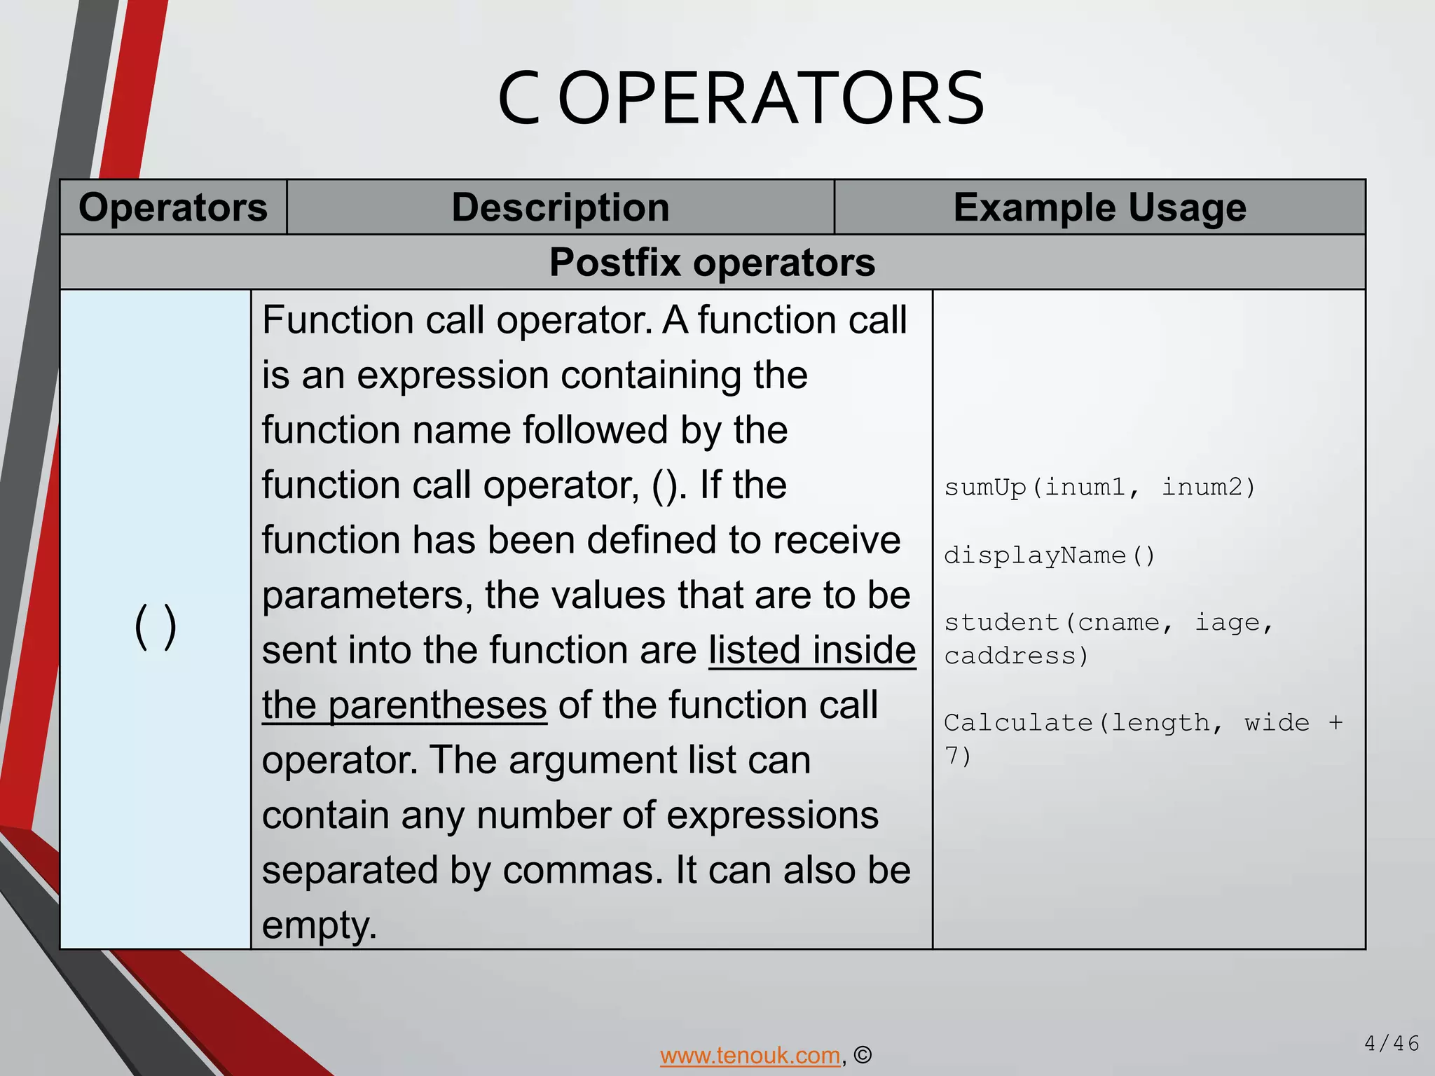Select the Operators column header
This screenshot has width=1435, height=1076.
173,207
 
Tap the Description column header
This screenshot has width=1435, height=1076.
561,207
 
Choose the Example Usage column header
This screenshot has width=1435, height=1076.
1099,207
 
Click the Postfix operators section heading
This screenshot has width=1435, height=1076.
712,263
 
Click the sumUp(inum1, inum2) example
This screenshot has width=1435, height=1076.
1099,487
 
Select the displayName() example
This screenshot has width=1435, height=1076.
1049,556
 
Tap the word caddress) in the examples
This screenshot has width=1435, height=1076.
1016,656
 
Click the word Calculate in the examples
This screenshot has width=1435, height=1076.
1018,722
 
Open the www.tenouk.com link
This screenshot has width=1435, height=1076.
750,1054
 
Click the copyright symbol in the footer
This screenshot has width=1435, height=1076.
863,1054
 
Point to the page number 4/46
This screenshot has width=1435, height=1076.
1392,1044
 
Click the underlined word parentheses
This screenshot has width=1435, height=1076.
437,705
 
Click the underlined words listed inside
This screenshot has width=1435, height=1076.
812,650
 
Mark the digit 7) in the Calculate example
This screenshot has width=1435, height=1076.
958,756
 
